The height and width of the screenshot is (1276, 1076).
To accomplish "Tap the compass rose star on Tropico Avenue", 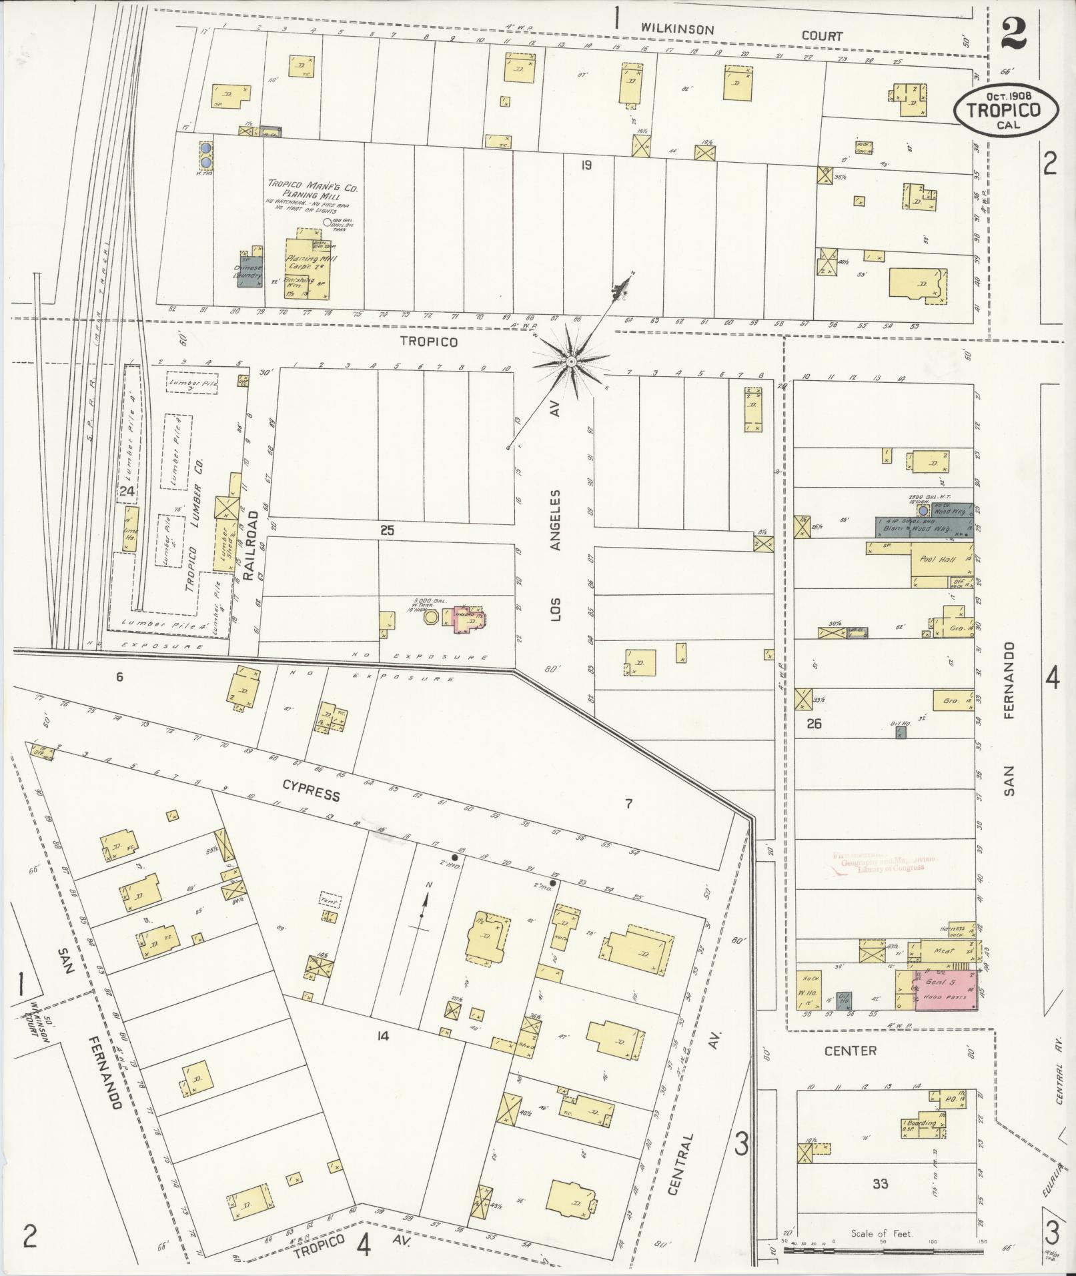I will (x=571, y=361).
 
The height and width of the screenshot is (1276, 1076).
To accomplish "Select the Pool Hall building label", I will (x=935, y=559).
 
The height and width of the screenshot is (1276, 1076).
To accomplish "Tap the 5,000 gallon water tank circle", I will (x=432, y=618).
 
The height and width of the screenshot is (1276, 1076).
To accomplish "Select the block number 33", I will (x=881, y=1184).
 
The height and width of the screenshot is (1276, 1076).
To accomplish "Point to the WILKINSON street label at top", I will (x=678, y=29).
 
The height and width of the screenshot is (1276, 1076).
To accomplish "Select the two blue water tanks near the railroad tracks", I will (x=207, y=154).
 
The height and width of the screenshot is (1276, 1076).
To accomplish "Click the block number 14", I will (x=382, y=1036).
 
